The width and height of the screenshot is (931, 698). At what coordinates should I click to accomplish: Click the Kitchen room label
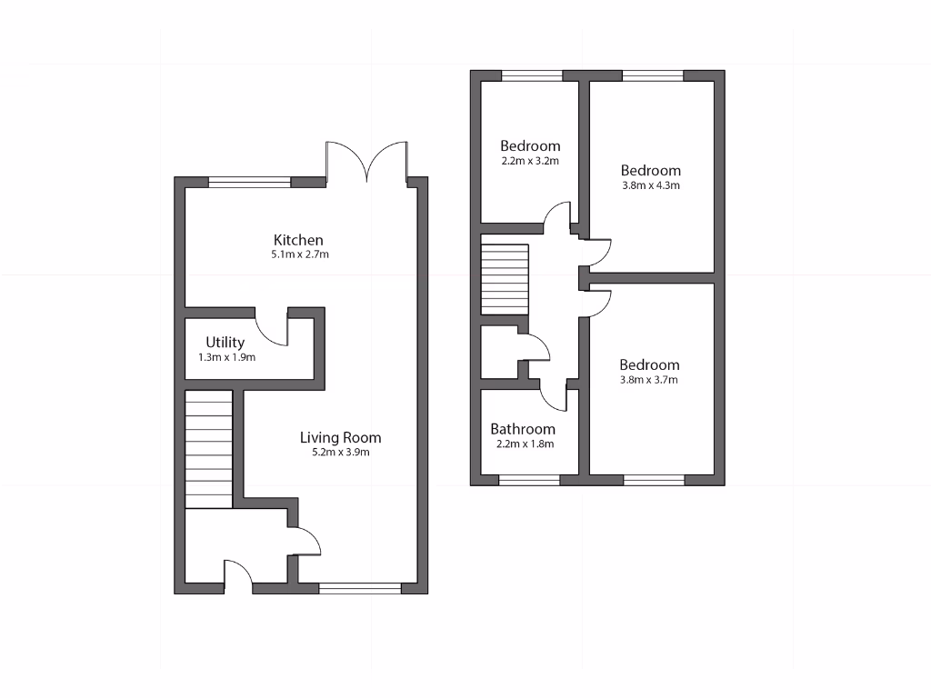coord(299,240)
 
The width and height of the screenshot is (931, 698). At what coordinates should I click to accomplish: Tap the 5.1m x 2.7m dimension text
coord(299,255)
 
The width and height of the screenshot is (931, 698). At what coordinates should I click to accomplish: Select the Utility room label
coord(225,343)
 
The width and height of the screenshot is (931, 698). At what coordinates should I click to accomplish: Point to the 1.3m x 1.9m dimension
coord(226,358)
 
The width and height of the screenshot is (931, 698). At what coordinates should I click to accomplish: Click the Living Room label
coord(340,437)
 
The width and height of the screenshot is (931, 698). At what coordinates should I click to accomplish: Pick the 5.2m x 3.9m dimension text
coord(341,452)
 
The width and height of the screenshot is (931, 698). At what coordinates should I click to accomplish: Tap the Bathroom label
coord(522,429)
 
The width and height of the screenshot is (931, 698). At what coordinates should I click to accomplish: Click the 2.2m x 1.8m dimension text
coord(525,444)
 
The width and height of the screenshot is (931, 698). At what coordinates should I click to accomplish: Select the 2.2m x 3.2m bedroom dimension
coord(529,161)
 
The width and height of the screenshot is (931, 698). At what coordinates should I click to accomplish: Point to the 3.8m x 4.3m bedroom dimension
coord(650,185)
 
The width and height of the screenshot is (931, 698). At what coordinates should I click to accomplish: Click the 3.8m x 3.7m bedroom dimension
coord(649,380)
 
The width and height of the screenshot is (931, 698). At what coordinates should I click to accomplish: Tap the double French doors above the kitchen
coord(366,163)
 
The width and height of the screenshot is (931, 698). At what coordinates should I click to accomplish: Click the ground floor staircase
coord(208,449)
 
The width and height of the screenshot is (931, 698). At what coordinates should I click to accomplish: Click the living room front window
coord(360,588)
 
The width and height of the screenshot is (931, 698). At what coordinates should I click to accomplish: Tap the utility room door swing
coord(272,324)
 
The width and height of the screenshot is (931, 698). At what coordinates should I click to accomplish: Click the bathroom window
coord(529,480)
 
